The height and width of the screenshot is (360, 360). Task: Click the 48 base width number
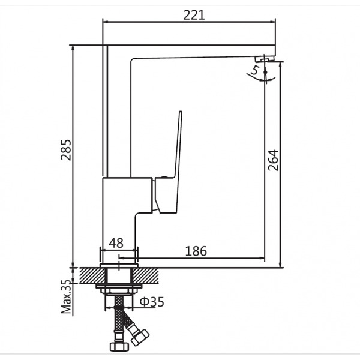[116, 244]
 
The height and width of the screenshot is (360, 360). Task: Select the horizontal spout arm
[192, 52]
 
